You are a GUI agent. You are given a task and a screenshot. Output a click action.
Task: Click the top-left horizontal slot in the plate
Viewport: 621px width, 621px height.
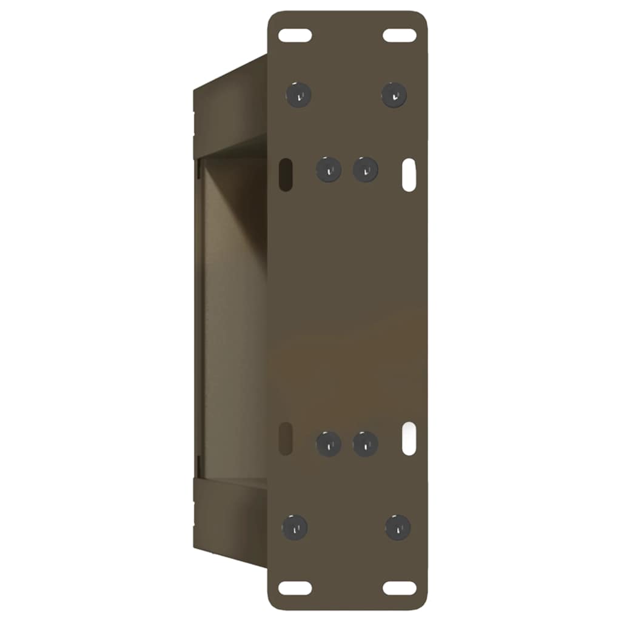click(x=295, y=35)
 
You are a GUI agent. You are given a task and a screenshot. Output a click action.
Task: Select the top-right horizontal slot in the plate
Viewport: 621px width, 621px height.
click(x=400, y=35)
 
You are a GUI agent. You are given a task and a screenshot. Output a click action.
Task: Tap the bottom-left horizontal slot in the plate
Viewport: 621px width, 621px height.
click(x=295, y=588)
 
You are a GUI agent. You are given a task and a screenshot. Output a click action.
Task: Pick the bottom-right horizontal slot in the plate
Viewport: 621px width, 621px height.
click(x=400, y=588)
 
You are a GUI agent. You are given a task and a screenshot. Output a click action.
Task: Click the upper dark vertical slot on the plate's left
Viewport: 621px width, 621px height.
click(x=284, y=174)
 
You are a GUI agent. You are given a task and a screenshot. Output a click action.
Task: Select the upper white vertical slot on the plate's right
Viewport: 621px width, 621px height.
click(x=409, y=175)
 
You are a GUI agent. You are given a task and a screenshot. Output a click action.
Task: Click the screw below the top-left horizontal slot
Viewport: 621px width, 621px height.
click(x=298, y=95)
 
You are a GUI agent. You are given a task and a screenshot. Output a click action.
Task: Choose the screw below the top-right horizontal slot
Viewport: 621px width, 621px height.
click(x=394, y=95)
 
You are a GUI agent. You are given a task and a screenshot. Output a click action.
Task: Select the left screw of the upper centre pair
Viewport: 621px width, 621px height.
click(x=328, y=169)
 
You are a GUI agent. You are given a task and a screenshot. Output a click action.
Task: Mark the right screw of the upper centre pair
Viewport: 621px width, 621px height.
click(x=366, y=169)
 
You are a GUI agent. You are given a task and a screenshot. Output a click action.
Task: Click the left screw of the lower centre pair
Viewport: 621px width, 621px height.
click(x=329, y=444)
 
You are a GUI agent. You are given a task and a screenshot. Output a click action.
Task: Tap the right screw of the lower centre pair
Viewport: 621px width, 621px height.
click(x=366, y=444)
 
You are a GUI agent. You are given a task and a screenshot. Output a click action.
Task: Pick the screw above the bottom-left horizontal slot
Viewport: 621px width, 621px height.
click(x=295, y=527)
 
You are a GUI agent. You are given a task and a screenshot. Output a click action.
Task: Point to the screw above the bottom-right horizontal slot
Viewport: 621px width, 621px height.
click(x=398, y=527)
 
